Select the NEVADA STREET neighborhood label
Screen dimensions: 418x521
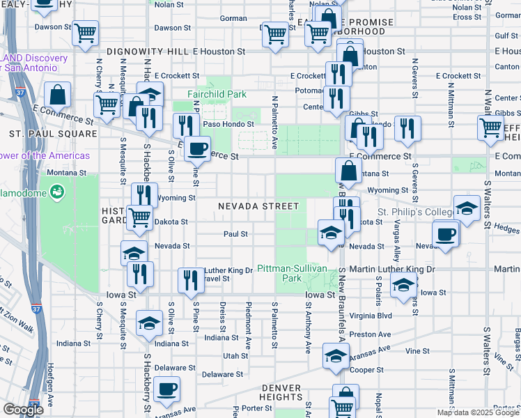coord(258,206)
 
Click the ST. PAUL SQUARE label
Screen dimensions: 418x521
coord(41,132)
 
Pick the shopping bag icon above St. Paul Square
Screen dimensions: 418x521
coord(58,95)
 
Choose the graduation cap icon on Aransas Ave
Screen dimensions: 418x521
coord(336,356)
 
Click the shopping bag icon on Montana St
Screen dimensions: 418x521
coord(348,170)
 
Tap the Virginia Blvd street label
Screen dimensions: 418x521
coord(373,315)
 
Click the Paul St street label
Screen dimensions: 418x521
coord(236,234)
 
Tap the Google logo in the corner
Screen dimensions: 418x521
coord(23,410)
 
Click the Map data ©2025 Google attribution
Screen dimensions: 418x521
coord(478,412)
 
